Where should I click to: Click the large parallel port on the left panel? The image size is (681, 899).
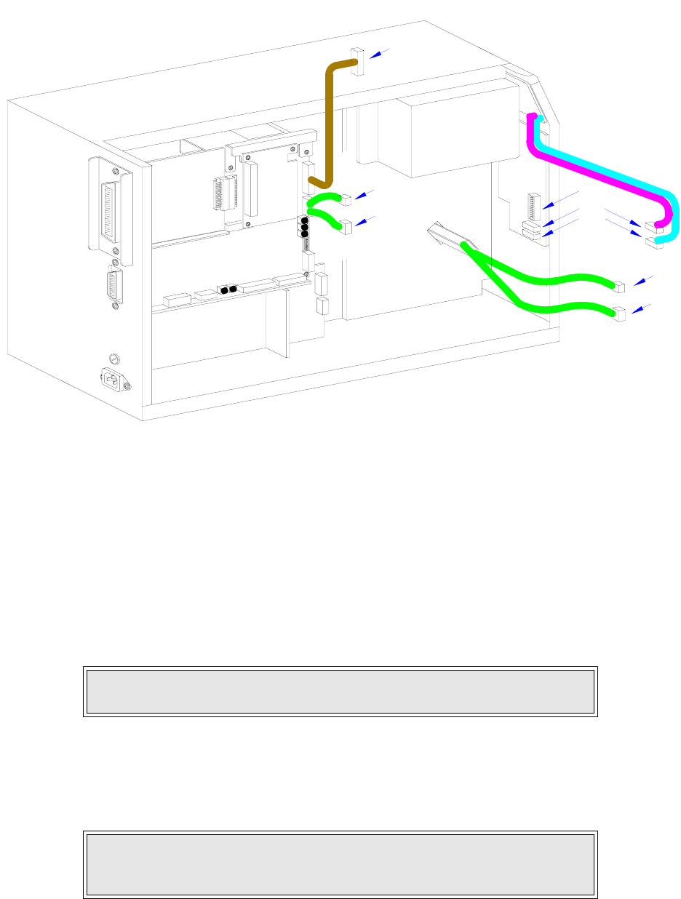coord(111,210)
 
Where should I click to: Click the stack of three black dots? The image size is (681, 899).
coord(304,227)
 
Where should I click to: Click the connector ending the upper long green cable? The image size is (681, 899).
coord(621,285)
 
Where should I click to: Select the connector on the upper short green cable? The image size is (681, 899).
coord(346,198)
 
